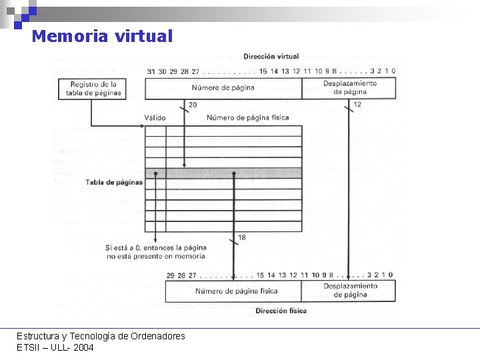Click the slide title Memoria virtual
click(x=102, y=36)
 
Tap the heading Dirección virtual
click(x=271, y=57)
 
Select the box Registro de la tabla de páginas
click(x=91, y=89)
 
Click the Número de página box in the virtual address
click(x=223, y=88)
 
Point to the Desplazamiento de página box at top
click(x=349, y=87)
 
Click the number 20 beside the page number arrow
click(x=193, y=105)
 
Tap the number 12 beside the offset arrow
click(x=357, y=105)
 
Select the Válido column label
click(x=155, y=118)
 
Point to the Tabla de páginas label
click(x=114, y=182)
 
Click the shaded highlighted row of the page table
click(x=223, y=173)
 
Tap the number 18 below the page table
click(x=241, y=237)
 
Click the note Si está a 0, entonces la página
click(x=155, y=248)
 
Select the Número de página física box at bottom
click(x=236, y=291)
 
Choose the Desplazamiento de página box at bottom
click(x=350, y=290)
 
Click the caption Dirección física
click(x=281, y=311)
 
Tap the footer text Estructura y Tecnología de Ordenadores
click(x=101, y=336)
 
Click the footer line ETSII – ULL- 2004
click(x=55, y=347)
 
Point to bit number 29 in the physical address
click(x=171, y=275)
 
